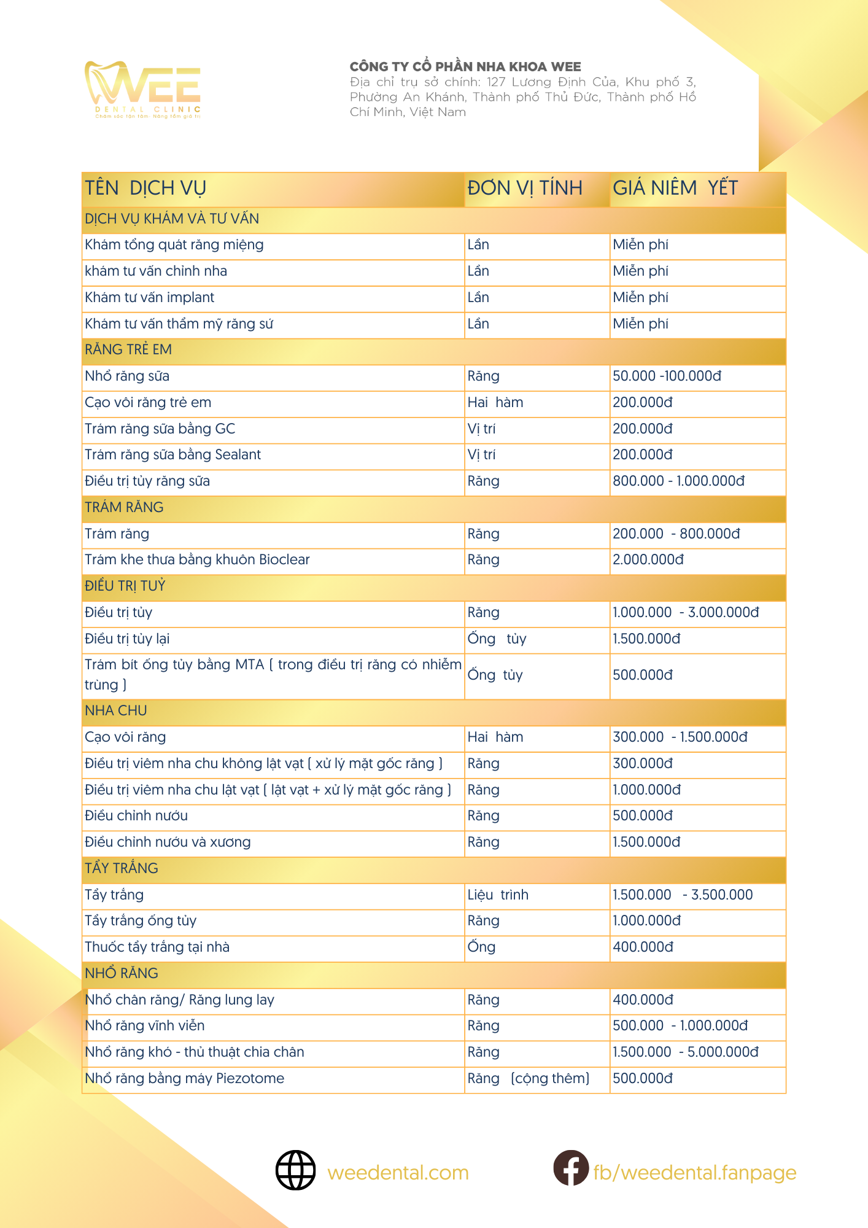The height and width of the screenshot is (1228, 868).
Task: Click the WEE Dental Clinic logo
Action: (x=143, y=89)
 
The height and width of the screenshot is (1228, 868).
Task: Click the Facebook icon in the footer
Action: (x=571, y=1168)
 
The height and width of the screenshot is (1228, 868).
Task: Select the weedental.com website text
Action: (x=398, y=1173)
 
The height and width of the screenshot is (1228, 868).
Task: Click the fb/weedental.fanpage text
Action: (x=694, y=1173)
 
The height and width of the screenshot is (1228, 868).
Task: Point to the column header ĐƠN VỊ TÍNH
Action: (x=525, y=188)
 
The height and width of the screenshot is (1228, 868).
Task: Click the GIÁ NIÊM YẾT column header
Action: (x=675, y=188)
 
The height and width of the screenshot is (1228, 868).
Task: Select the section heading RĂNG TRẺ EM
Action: (x=128, y=350)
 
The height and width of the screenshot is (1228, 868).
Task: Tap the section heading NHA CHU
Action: (x=116, y=711)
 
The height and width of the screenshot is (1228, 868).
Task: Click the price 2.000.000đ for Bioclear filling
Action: (x=648, y=560)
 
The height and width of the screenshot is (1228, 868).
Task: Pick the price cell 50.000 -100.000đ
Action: (x=667, y=376)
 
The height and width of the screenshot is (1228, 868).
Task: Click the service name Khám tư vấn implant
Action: (x=150, y=298)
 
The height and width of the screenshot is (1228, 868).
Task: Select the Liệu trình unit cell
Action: (x=498, y=895)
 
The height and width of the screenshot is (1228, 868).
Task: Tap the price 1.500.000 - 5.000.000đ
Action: (x=685, y=1052)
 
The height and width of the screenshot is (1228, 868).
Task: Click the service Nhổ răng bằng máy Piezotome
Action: (x=185, y=1079)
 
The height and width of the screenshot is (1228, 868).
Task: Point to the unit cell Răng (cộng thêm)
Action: (x=528, y=1079)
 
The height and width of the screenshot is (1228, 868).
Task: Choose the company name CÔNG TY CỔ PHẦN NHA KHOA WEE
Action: (x=465, y=67)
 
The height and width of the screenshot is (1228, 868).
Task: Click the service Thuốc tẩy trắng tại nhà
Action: (x=157, y=947)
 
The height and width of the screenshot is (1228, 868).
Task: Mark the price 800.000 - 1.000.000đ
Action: (x=678, y=481)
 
